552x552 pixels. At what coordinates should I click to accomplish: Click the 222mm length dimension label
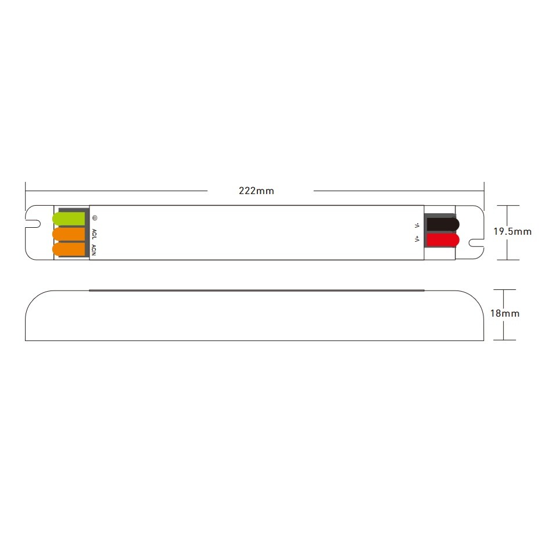coord(256,191)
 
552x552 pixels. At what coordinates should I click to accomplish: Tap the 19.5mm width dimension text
coord(512,231)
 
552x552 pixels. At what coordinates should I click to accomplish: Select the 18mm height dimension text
coord(505,313)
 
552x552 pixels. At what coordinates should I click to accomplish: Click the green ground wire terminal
coord(69,218)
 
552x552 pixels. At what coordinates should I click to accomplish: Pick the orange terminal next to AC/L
coord(69,234)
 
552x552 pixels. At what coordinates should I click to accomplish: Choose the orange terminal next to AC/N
coord(69,249)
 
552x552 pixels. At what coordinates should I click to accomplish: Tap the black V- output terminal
coord(443,224)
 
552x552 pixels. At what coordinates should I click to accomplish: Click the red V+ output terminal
coord(443,240)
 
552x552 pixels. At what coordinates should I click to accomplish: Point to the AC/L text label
coord(94,234)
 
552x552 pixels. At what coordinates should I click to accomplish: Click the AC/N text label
coord(94,250)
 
